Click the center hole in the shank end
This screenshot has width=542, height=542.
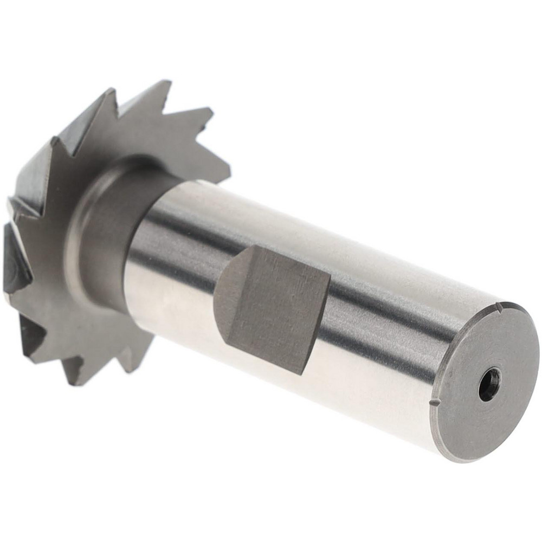tap(489, 384)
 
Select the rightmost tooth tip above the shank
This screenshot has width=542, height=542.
tap(229, 179)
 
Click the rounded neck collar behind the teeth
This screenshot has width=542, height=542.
tap(103, 228)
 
